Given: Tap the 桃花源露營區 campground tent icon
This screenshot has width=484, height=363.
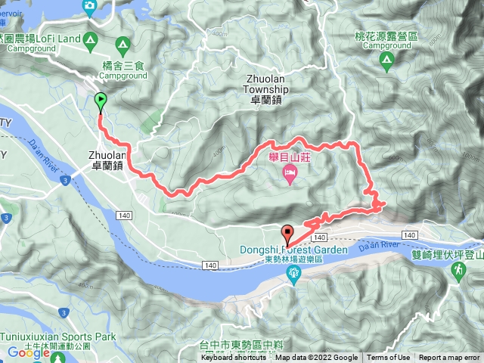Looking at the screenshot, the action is pos(386,60).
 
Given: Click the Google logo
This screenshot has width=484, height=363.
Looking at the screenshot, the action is pos(29,352).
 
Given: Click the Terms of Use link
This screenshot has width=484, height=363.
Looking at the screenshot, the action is pos(389,358).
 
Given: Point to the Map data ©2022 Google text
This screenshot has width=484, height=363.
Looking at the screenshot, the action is pos(316,358).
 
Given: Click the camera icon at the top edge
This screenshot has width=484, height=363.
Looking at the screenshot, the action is pos(89,6).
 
